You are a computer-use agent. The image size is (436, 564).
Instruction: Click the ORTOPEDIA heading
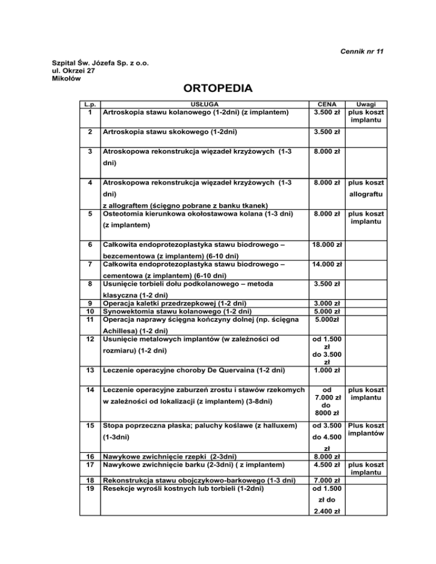218,89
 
